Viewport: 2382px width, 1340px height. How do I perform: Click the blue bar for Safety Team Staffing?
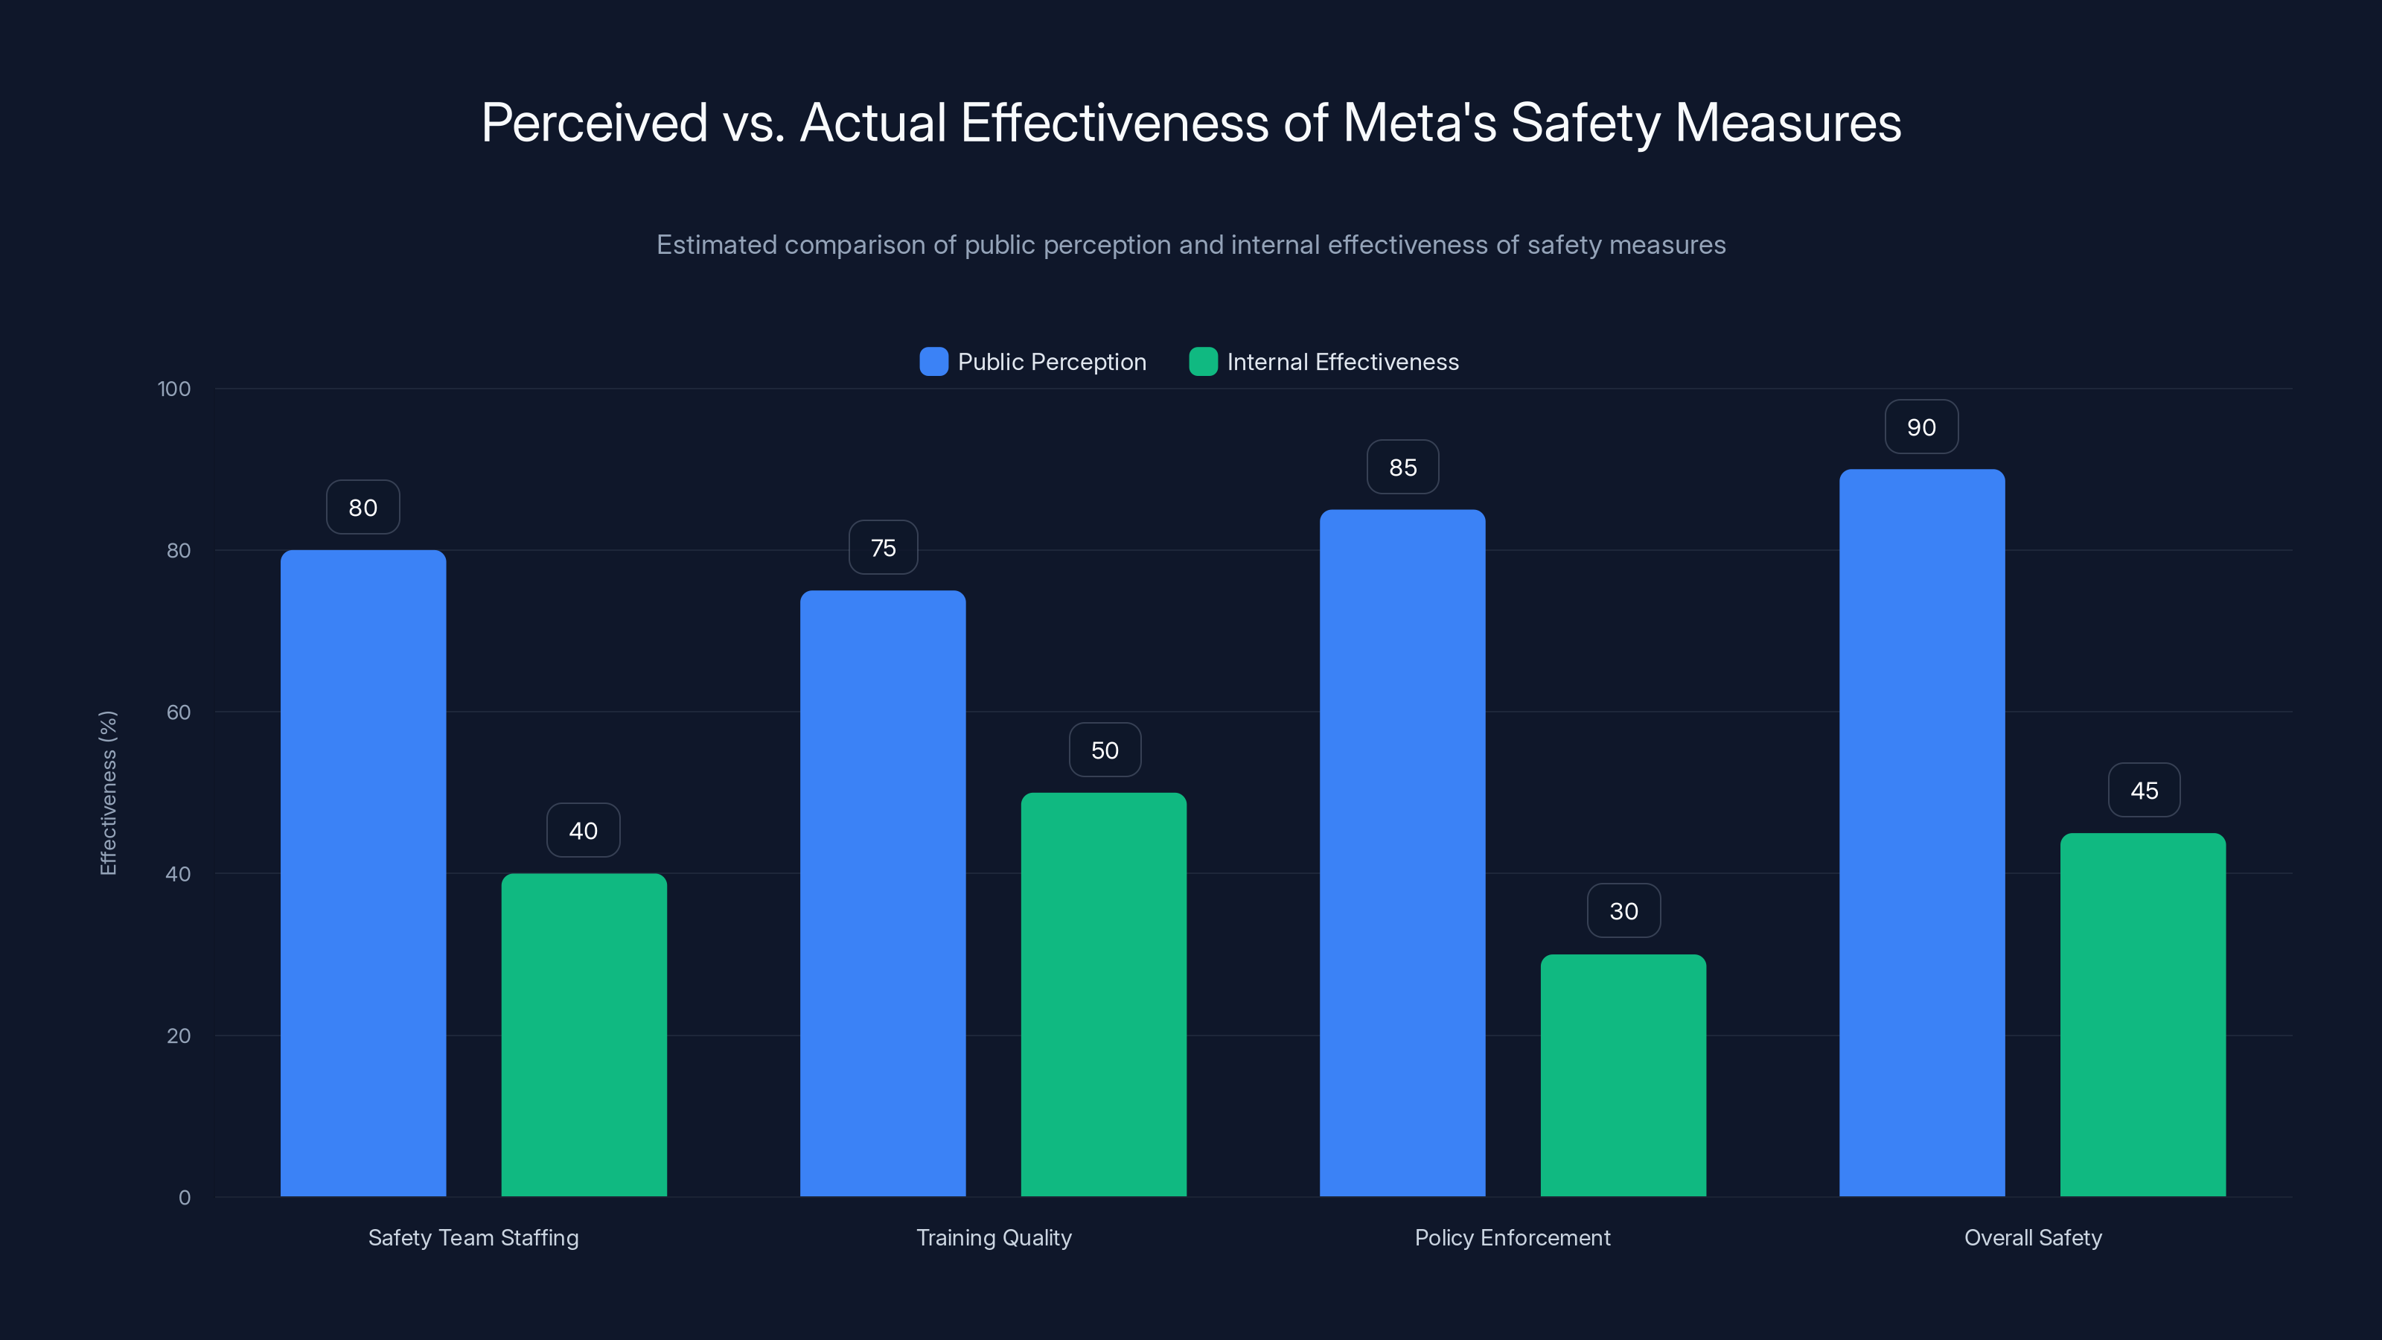tap(363, 873)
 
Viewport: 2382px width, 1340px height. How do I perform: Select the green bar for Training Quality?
tap(1103, 994)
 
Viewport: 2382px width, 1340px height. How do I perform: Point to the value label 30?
tap(1623, 911)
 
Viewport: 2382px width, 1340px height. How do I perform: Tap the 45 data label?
tap(2144, 790)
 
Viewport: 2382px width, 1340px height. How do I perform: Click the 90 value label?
tap(1920, 427)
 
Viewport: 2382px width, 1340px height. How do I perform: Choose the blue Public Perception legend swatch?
tap(934, 362)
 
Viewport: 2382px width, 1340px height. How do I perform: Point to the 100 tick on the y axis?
tap(174, 389)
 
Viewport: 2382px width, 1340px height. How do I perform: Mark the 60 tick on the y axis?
tap(179, 712)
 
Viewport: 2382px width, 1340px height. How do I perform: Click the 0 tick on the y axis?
tap(184, 1198)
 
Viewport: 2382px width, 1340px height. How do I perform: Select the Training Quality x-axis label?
tap(993, 1237)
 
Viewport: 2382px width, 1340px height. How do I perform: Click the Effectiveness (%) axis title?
tap(108, 793)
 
